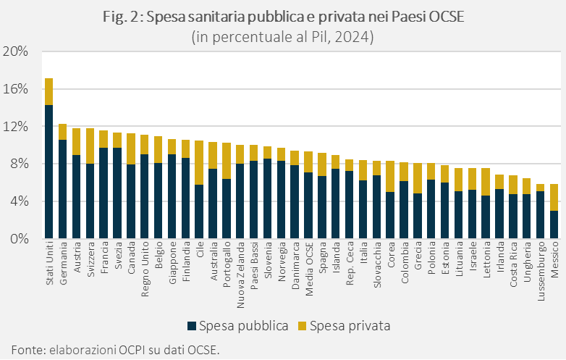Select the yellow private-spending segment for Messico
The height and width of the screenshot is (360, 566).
click(x=554, y=197)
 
